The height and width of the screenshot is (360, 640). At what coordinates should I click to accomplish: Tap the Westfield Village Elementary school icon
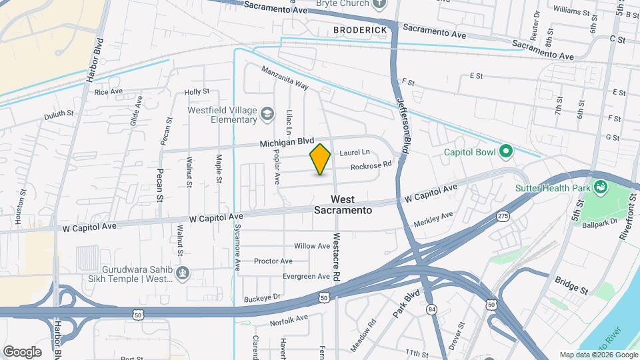click(x=267, y=114)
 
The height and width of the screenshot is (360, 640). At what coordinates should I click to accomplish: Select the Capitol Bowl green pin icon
click(x=505, y=153)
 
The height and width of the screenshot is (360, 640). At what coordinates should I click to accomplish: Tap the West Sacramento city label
click(x=343, y=205)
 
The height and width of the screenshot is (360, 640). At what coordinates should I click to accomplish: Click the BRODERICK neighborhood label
click(x=361, y=31)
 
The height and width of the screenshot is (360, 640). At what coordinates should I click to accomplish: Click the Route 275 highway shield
click(x=503, y=217)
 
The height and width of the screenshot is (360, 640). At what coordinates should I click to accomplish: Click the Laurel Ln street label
click(x=354, y=153)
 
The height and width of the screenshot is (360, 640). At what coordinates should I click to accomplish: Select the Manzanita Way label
click(x=285, y=78)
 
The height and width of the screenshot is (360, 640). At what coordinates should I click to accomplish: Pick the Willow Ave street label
click(x=312, y=246)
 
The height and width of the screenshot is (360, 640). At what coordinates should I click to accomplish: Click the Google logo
click(x=22, y=351)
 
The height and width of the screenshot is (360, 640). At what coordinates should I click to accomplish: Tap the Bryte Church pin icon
click(x=379, y=4)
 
